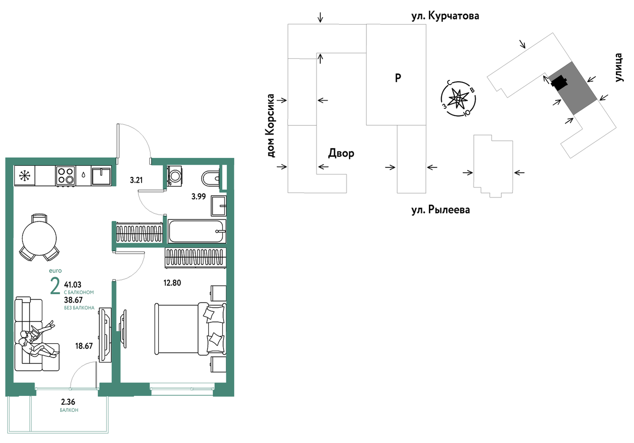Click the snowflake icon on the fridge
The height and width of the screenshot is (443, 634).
click(25, 176)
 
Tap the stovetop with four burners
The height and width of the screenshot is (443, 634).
click(66, 176)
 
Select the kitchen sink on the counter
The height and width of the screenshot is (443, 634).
click(101, 176)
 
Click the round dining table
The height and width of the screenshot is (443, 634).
click(39, 238)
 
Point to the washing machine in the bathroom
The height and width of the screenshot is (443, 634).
click(175, 176)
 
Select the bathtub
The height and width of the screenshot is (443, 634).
click(197, 231)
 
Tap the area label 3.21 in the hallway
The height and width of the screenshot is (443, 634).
click(136, 180)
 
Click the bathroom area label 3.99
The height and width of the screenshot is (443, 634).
click(199, 197)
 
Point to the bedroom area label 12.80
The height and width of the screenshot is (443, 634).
click(172, 283)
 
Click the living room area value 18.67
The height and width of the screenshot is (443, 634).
click(84, 346)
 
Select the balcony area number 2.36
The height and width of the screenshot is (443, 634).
click(68, 402)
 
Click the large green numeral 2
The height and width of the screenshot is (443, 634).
click(55, 286)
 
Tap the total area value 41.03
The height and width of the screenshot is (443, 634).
click(73, 285)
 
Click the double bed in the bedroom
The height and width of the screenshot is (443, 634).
click(190, 329)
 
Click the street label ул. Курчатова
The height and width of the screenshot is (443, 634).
click(445, 16)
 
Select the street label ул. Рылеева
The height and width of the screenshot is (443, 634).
click(440, 210)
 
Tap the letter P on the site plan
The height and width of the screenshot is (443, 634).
click(398, 78)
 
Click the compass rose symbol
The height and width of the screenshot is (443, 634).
click(458, 99)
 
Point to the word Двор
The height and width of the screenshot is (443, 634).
click(341, 153)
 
